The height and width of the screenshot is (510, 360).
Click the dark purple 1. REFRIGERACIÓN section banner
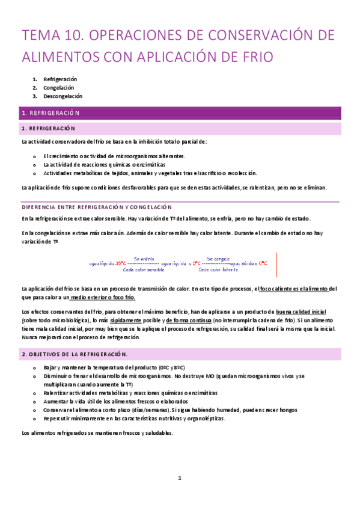click(x=180, y=112)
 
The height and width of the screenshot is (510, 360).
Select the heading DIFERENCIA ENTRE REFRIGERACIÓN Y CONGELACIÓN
click(x=97, y=206)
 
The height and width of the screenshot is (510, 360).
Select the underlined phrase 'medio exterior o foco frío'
click(x=103, y=297)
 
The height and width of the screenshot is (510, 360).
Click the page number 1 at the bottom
click(x=179, y=478)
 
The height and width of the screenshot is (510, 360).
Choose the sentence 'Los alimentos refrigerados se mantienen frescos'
click(x=97, y=432)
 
